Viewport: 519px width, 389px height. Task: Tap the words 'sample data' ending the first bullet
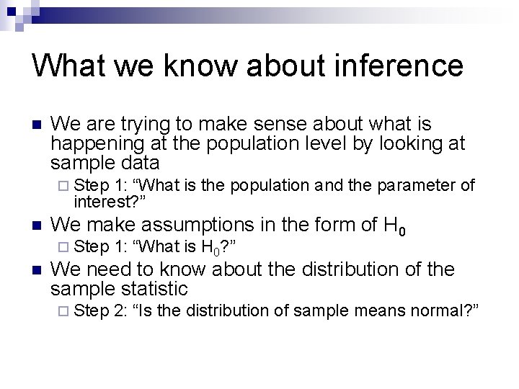[105, 162]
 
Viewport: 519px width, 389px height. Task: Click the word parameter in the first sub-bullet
[417, 185]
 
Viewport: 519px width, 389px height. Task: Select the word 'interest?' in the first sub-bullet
[106, 200]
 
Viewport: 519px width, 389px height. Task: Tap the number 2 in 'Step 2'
[120, 310]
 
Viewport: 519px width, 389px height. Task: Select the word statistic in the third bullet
[155, 289]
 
